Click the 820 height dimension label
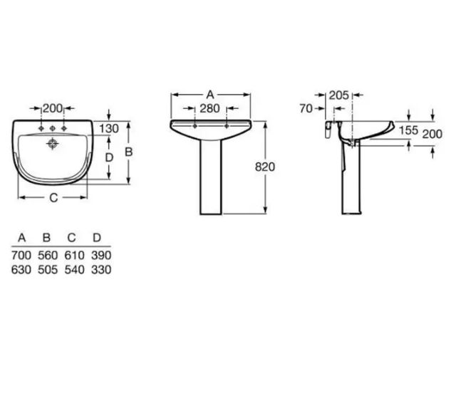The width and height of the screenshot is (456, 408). [x=265, y=166]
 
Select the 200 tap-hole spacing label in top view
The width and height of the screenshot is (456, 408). [x=53, y=108]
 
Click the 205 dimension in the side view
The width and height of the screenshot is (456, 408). [x=339, y=95]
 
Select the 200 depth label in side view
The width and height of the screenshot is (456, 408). [x=432, y=133]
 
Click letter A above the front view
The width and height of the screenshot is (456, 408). [x=209, y=94]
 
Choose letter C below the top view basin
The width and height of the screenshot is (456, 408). [x=53, y=199]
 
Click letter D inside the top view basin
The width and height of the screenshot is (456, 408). [x=108, y=157]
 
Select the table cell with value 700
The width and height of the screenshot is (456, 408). [x=21, y=255]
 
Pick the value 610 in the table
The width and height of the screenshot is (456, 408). [x=73, y=255]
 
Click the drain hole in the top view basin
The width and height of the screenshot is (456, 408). [x=53, y=143]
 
